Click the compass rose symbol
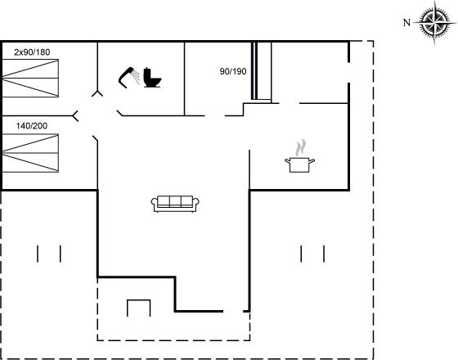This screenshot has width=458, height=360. pyautogui.click(x=434, y=22)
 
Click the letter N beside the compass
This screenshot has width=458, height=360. pyautogui.click(x=406, y=23)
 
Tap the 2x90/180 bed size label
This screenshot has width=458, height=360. pyautogui.click(x=32, y=52)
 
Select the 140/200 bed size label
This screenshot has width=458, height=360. pyautogui.click(x=32, y=126)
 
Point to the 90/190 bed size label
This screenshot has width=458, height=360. pyautogui.click(x=233, y=72)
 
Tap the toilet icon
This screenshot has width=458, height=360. pyautogui.click(x=152, y=78)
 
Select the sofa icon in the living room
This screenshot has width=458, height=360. pyautogui.click(x=175, y=204)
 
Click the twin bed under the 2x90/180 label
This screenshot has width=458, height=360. pyautogui.click(x=30, y=79)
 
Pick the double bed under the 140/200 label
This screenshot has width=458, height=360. pyautogui.click(x=30, y=153)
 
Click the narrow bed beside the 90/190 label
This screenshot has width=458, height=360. pyautogui.click(x=262, y=71)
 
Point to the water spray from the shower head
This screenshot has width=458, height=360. pyautogui.click(x=135, y=77)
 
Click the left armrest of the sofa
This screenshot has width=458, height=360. pyautogui.click(x=154, y=204)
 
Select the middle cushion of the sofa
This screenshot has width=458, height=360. pyautogui.click(x=175, y=201)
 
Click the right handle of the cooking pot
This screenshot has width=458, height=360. pyautogui.click(x=312, y=160)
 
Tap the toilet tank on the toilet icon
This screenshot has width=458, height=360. pyautogui.click(x=146, y=74)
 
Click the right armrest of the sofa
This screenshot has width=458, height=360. pyautogui.click(x=196, y=204)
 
